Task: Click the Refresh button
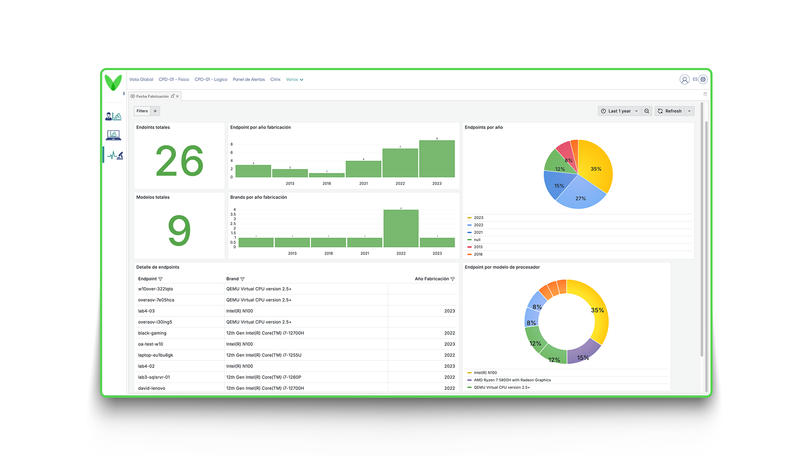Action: [670, 111]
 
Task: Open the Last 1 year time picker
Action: [619, 111]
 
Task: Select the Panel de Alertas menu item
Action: [249, 79]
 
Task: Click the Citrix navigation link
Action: [275, 79]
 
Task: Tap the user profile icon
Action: [684, 79]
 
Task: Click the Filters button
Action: [142, 111]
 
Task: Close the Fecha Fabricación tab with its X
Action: [178, 96]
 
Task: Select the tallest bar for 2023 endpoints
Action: [437, 159]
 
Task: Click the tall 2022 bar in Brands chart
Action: [401, 228]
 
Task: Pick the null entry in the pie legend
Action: [477, 240]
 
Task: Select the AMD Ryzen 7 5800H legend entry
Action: [512, 380]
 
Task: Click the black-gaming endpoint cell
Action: [152, 333]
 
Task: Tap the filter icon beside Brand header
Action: [243, 279]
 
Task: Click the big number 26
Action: [180, 161]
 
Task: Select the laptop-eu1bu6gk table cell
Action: [156, 355]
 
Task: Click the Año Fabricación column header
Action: [432, 279]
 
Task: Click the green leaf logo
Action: [113, 82]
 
